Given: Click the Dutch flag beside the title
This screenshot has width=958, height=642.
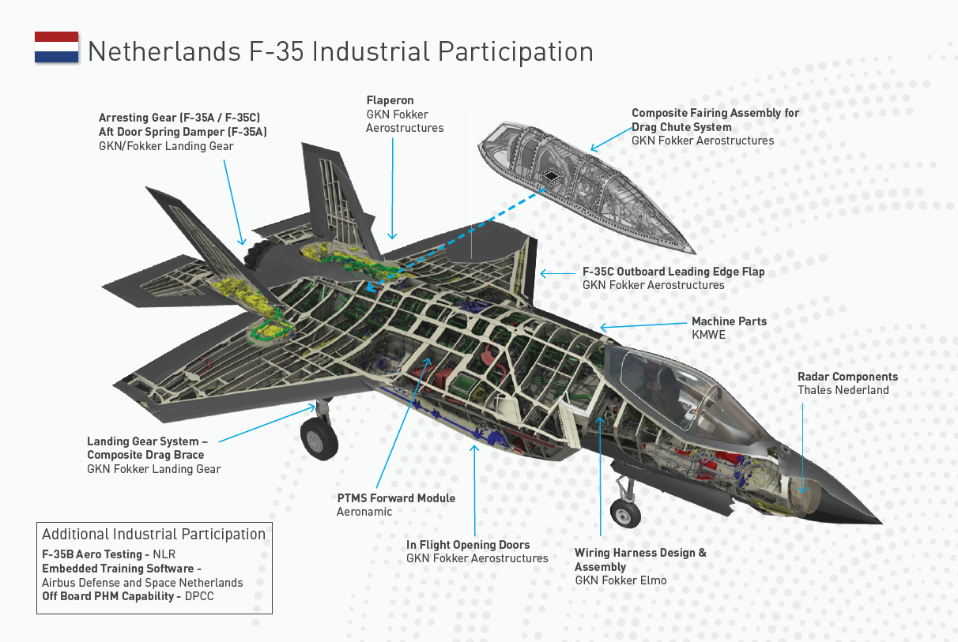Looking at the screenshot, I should pyautogui.click(x=56, y=47).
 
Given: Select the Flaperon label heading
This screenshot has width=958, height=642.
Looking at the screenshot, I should pyautogui.click(x=390, y=100).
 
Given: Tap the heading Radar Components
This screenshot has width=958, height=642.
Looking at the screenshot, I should pyautogui.click(x=847, y=377).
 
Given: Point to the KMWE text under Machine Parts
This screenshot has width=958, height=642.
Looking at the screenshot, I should pyautogui.click(x=708, y=335).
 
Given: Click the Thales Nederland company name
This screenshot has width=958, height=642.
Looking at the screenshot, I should pyautogui.click(x=843, y=390).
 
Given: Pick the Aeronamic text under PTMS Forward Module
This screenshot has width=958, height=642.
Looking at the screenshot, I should pyautogui.click(x=364, y=512).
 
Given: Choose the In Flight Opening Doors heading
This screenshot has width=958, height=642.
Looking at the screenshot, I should pyautogui.click(x=468, y=545).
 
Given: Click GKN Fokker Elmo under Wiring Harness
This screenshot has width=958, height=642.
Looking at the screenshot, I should pyautogui.click(x=620, y=580).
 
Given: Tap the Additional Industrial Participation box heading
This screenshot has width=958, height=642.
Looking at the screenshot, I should pyautogui.click(x=154, y=535).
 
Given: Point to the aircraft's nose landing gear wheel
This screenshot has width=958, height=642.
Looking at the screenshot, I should pyautogui.click(x=626, y=514).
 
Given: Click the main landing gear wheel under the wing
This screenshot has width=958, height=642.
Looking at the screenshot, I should pyautogui.click(x=319, y=439).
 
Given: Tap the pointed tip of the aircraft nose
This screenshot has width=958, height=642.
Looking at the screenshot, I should pyautogui.click(x=879, y=521).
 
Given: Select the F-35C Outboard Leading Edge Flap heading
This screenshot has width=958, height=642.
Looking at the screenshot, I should pyautogui.click(x=673, y=272).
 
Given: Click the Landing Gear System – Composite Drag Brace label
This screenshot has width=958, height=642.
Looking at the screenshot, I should pyautogui.click(x=147, y=448).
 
